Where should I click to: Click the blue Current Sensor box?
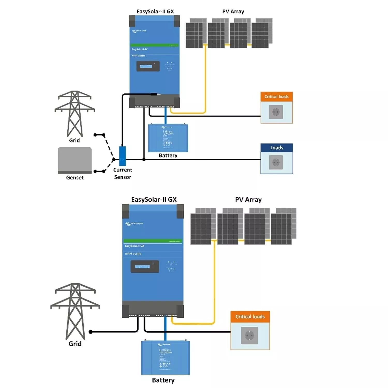[x=122, y=156]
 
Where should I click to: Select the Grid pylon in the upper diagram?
[x=75, y=114]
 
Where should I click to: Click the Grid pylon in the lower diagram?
[x=75, y=310]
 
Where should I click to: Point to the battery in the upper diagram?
[x=168, y=138]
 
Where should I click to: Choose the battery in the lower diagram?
[x=165, y=358]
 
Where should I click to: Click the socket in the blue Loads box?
[x=276, y=162]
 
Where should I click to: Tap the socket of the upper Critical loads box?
[x=276, y=112]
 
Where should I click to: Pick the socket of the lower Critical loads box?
[x=249, y=335]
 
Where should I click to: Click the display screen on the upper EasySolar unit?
[x=148, y=66]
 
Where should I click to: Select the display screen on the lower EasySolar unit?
[x=145, y=266]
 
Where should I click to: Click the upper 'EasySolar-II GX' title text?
[x=155, y=11]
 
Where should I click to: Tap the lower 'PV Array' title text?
[x=248, y=200]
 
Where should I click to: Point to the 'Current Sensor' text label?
[x=123, y=173]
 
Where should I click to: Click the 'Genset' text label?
[x=75, y=177]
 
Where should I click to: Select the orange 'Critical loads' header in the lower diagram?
[x=250, y=317]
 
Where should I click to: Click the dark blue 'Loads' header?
[x=277, y=148]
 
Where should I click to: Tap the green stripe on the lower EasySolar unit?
[x=153, y=241]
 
